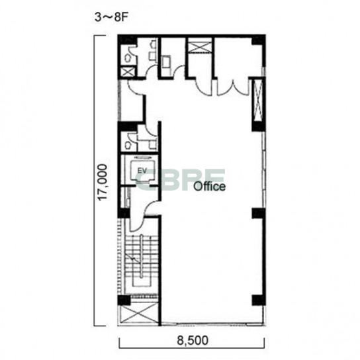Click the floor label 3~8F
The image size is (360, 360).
point(111,17)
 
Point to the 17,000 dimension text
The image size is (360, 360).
point(103,182)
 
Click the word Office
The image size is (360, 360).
point(209,186)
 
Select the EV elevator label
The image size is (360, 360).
point(142,171)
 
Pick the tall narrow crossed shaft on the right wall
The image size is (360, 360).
point(258,101)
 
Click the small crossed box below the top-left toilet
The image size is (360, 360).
point(128,71)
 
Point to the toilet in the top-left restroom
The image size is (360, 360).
point(128,58)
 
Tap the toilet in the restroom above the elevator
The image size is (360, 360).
point(128,146)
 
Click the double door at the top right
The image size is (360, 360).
point(232,87)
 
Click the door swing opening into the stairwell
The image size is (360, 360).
point(136,224)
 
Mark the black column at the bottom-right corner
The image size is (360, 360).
point(259,300)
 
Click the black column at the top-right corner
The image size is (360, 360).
point(259,40)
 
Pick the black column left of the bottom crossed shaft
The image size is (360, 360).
point(124,300)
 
